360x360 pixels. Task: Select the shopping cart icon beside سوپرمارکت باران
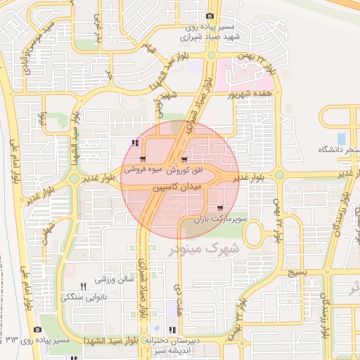point(221,208)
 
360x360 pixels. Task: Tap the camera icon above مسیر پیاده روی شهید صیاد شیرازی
point(210,16)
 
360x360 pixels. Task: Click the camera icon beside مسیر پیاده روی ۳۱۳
point(37,328)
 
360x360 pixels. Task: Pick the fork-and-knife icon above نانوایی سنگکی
point(84,285)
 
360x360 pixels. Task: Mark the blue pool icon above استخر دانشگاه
point(342,139)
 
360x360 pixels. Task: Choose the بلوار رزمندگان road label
point(343,210)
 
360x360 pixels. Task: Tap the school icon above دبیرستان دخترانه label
point(172,329)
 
